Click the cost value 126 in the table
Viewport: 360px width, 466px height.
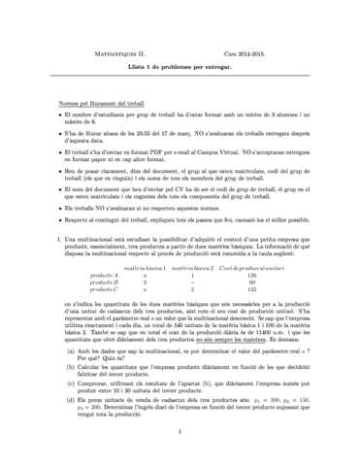254,275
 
